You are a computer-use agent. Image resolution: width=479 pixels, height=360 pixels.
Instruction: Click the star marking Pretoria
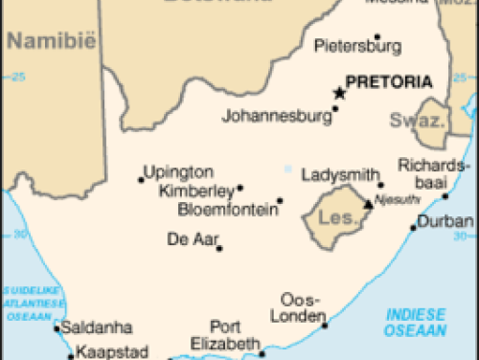(x=338, y=93)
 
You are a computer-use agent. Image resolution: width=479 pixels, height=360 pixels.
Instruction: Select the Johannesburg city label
(x=277, y=118)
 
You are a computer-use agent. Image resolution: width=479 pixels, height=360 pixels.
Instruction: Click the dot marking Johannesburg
(x=335, y=109)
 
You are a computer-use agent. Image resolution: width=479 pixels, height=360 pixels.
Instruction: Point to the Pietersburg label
(x=357, y=45)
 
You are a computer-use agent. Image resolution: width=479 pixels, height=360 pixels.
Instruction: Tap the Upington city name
(x=178, y=172)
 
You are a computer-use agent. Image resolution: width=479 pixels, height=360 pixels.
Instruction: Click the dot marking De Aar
(x=219, y=248)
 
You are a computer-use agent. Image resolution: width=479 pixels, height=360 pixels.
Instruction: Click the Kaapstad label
(x=112, y=351)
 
